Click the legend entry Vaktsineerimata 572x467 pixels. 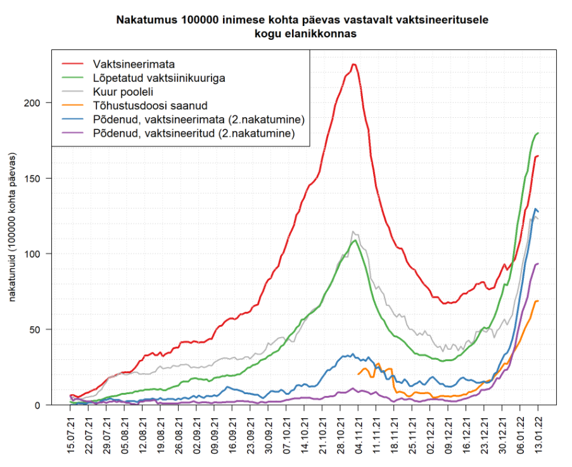pos(134,65)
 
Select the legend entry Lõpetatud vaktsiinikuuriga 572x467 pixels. pos(159,79)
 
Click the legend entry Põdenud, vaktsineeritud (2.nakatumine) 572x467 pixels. pos(193,133)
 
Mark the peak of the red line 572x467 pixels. pos(354,64)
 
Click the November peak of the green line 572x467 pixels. pos(355,241)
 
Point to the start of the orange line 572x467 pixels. pos(359,374)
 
